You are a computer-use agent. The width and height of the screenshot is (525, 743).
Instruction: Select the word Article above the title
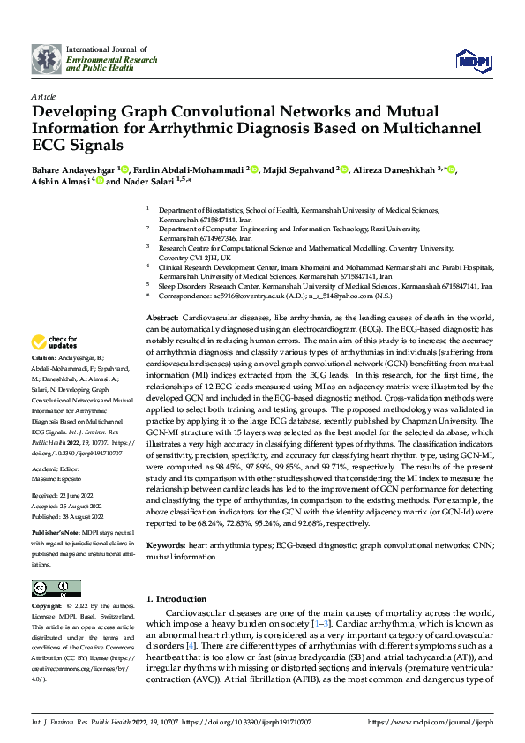click(x=43, y=96)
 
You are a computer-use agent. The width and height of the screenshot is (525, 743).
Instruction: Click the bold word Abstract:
click(x=163, y=317)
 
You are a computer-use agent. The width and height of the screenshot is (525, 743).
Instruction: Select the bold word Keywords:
click(x=167, y=546)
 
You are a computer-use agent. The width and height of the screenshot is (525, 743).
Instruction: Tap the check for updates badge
click(x=55, y=342)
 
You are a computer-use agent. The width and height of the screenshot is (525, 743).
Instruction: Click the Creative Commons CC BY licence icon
click(x=56, y=589)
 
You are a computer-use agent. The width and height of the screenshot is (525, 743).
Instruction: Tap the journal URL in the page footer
click(x=430, y=722)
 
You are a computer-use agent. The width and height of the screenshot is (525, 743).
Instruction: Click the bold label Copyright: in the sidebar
click(x=47, y=607)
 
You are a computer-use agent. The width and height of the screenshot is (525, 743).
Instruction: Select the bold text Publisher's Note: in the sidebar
click(x=56, y=536)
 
